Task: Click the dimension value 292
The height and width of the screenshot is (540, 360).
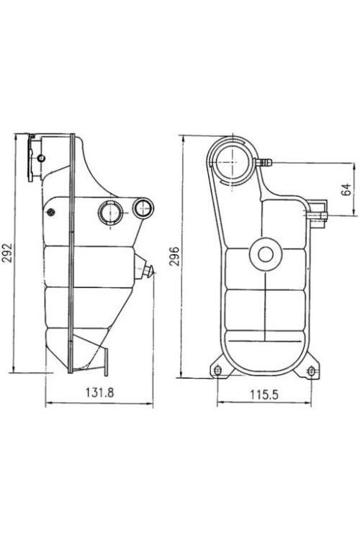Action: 8,253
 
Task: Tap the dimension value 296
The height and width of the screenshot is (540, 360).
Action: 174,256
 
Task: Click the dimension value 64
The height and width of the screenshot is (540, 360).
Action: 346,189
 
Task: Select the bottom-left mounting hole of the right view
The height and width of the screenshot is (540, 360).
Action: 217,371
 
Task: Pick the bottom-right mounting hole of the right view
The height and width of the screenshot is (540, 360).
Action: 311,371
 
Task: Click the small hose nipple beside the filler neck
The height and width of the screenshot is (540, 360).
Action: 263,163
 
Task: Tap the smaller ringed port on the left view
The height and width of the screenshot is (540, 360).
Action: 143,209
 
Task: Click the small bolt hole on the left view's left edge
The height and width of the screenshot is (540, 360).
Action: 50,212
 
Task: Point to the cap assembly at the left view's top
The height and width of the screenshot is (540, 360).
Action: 35,157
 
